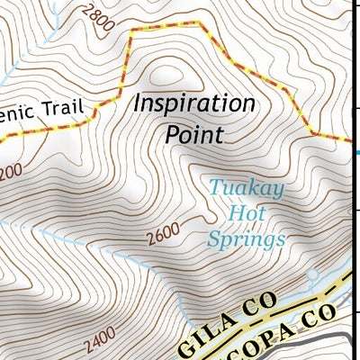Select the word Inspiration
tap(193, 103)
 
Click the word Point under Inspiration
tap(193, 134)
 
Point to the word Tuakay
tap(234, 189)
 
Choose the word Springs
tap(246, 240)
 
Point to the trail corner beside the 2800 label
tap(132, 30)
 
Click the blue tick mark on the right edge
tap(357, 152)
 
